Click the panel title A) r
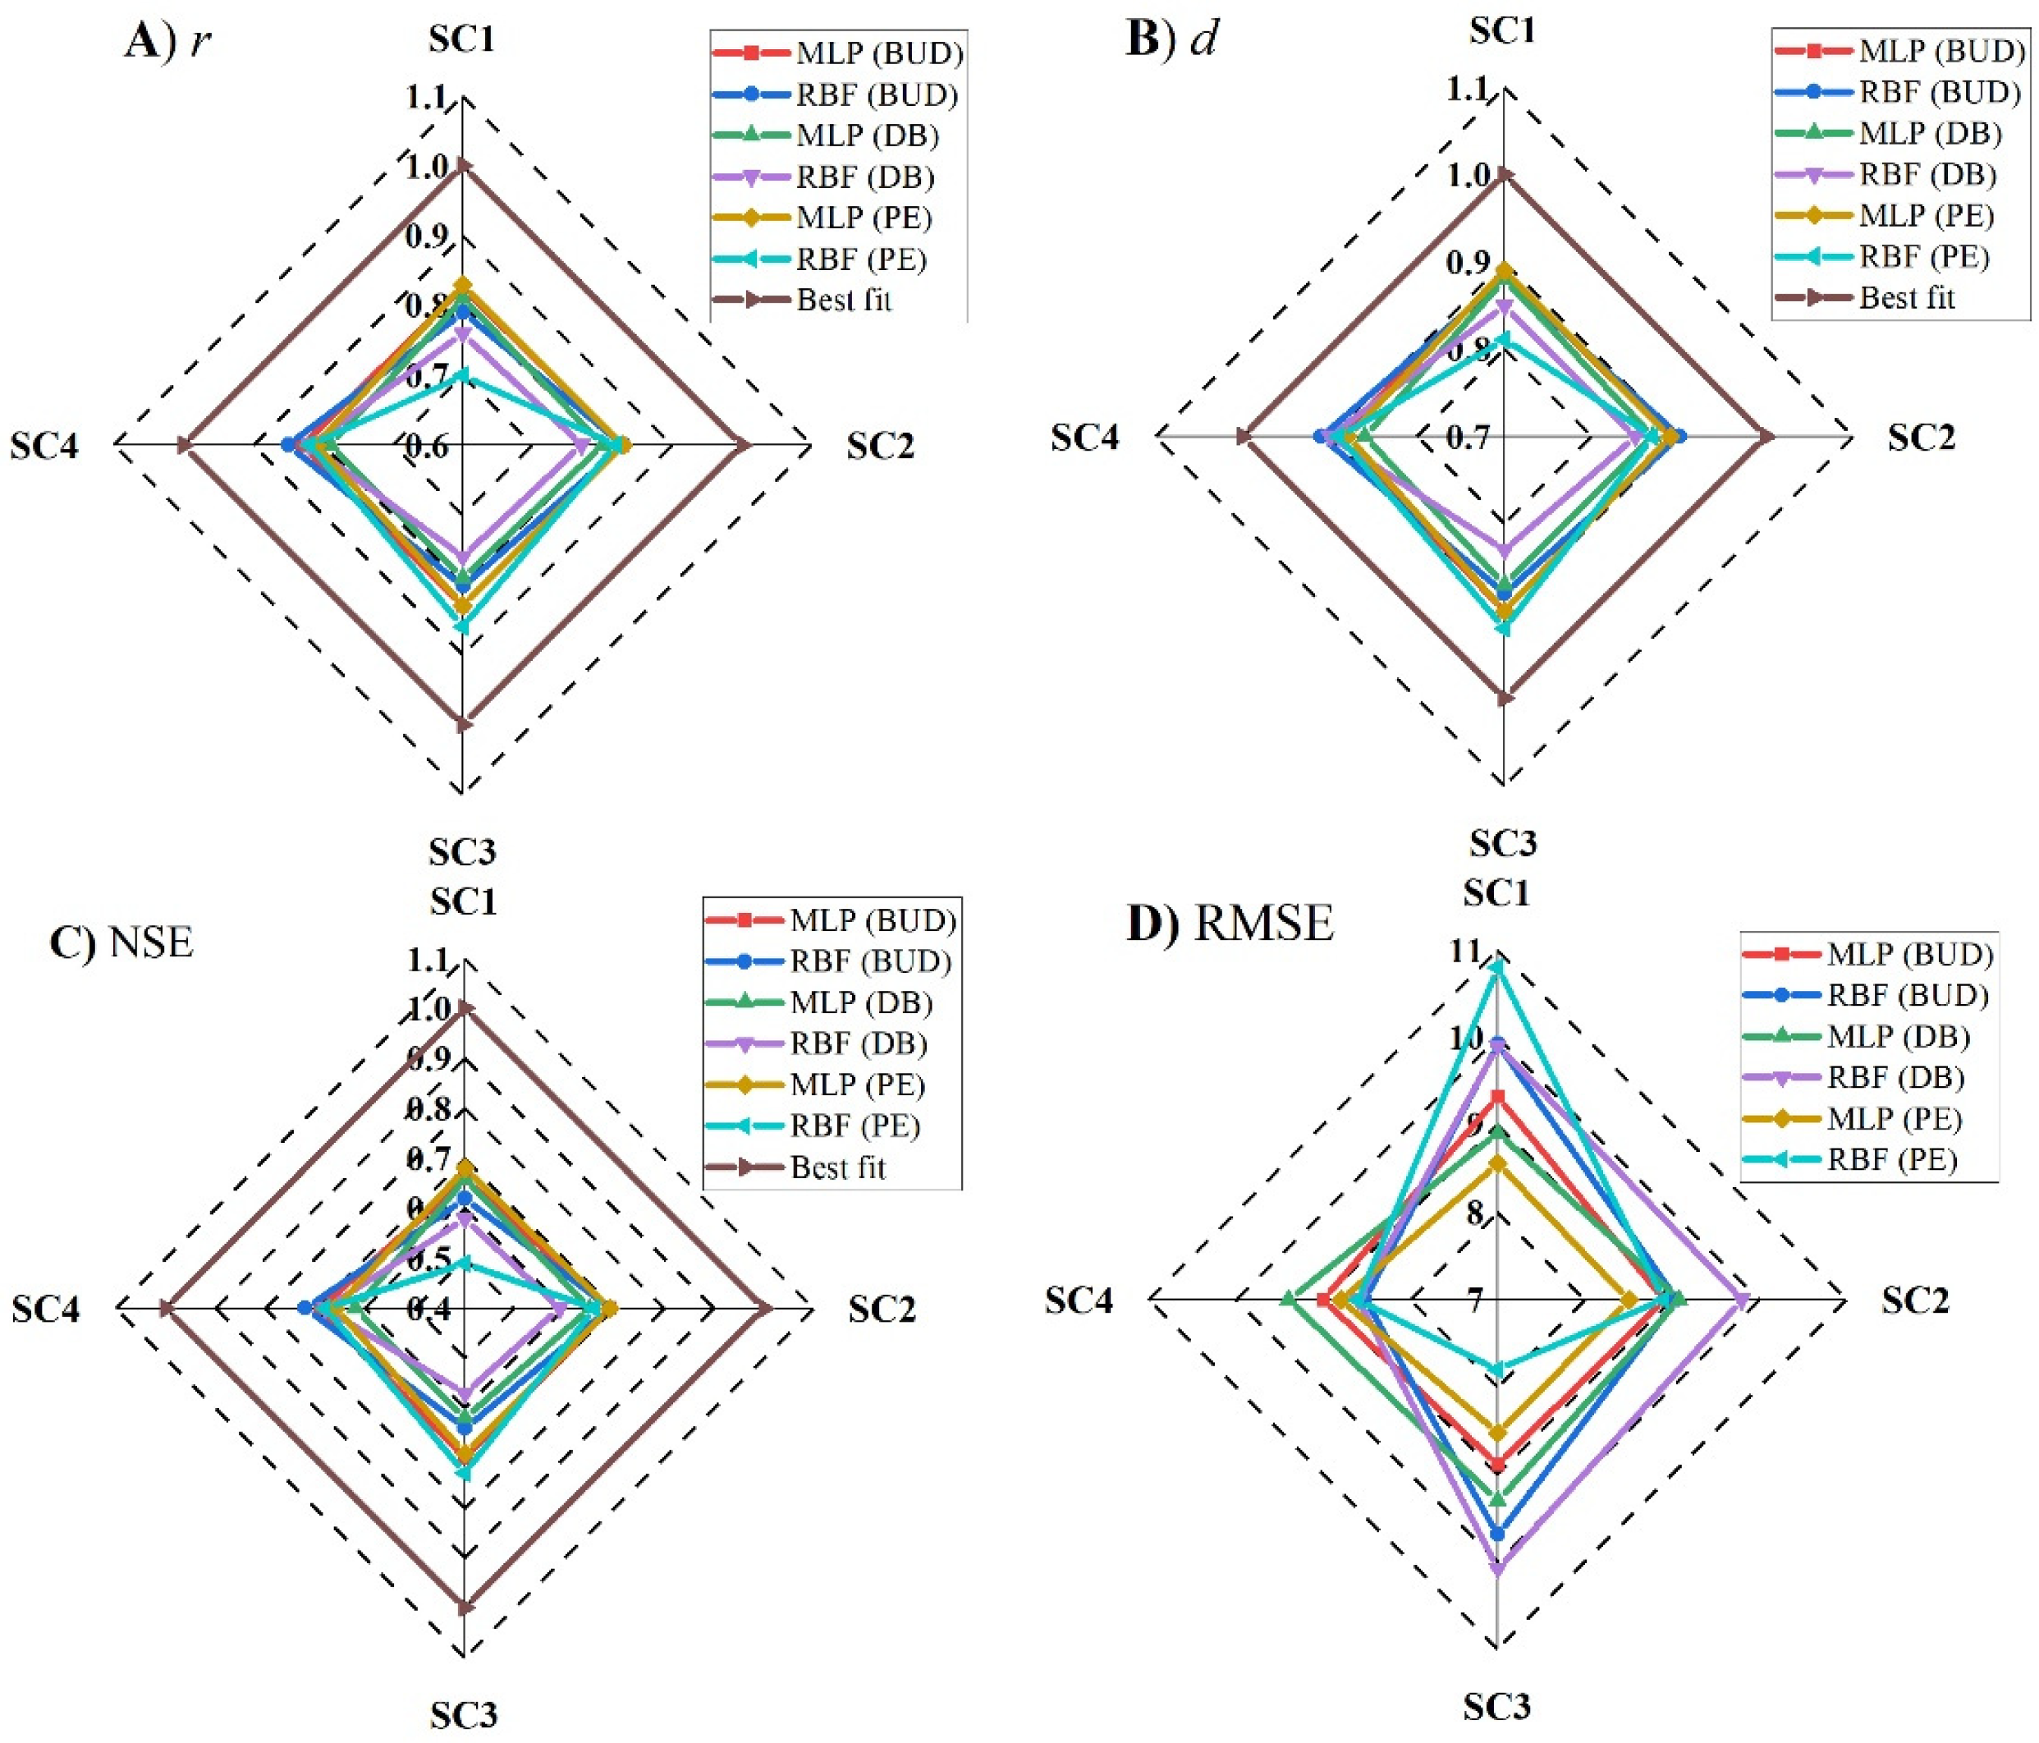click(167, 44)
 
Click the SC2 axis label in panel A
click(881, 447)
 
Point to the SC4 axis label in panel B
click(1084, 437)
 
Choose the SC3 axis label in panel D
click(1496, 1705)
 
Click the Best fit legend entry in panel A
click(843, 299)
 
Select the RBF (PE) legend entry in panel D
click(1890, 1159)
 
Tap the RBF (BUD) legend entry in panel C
click(870, 961)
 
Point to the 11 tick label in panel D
click(1464, 951)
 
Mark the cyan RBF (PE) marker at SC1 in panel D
click(1496, 967)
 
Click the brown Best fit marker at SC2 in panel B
click(1766, 437)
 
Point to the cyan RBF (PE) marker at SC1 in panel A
click(462, 374)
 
